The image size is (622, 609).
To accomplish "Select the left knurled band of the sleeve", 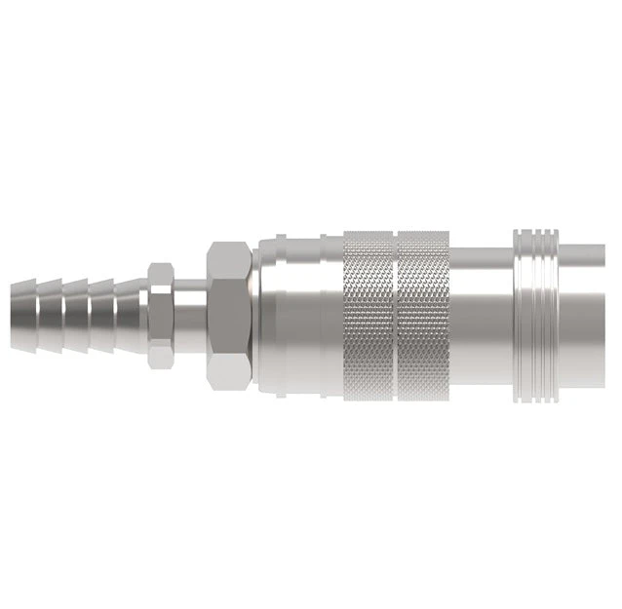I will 369,314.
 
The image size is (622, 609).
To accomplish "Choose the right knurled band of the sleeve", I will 423,314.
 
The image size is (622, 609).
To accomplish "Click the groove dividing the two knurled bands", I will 395,314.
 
